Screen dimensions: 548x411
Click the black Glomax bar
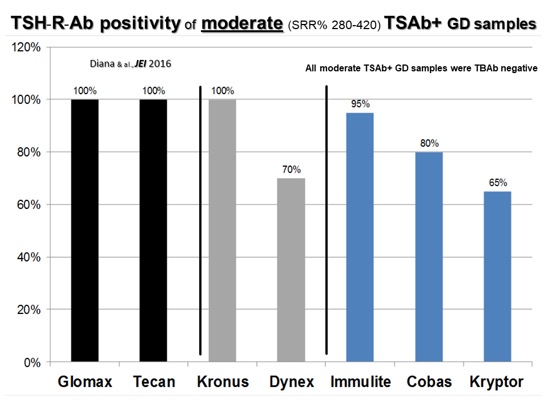tap(84, 231)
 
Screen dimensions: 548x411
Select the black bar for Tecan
tap(153, 231)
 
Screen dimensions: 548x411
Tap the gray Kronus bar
tap(222, 231)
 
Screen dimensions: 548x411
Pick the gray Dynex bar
tap(291, 270)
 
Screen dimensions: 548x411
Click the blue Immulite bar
tap(360, 237)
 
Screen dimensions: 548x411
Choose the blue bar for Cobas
tap(429, 257)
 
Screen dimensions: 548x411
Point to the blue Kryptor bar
tap(497, 276)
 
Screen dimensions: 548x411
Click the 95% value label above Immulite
tap(360, 104)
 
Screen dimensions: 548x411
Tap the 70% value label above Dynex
tap(292, 170)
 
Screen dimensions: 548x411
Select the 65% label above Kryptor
tap(498, 183)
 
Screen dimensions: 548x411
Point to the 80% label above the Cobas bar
tap(429, 143)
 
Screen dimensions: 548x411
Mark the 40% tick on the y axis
tap(29, 257)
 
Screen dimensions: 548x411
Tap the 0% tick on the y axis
tap(32, 363)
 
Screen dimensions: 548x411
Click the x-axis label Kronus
tap(223, 382)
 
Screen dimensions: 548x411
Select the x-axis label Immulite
tap(361, 382)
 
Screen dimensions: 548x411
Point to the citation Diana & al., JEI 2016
tap(131, 63)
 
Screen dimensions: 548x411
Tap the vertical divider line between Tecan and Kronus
tap(200, 220)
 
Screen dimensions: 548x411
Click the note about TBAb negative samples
tap(421, 68)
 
